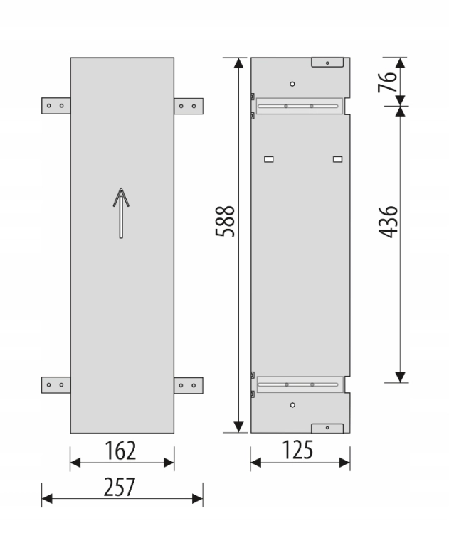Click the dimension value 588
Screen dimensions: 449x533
[225, 221]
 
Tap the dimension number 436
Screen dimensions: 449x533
[388, 222]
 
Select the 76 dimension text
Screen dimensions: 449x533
[387, 82]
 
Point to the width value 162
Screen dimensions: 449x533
[120, 451]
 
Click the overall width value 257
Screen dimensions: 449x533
[119, 487]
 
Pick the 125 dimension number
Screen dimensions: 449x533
[297, 451]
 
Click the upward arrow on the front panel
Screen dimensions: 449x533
[121, 212]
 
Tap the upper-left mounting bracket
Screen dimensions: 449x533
[56, 106]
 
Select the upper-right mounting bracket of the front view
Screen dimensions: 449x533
[189, 106]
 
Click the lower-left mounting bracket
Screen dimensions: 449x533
[56, 385]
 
